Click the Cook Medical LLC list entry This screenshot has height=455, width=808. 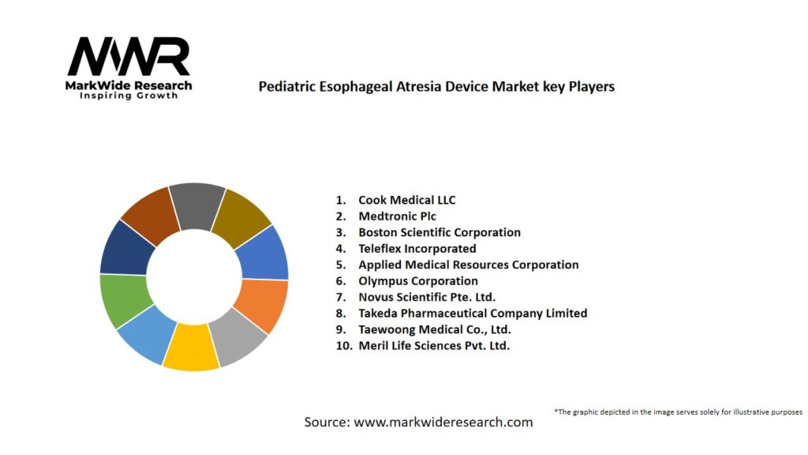pos(406,200)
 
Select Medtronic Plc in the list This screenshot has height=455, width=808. pos(397,216)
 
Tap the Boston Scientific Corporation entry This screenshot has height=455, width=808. pos(439,232)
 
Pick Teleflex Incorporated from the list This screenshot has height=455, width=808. pos(417,248)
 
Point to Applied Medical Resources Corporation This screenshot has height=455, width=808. pos(468,265)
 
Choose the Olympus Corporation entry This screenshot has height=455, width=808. pos(417,280)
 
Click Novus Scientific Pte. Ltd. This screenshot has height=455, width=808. pos(427,297)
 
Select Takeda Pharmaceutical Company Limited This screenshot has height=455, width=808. pos(472,313)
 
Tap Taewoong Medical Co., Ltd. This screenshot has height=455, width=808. pos(434,329)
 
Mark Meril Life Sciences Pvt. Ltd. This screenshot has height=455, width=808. pos(434,345)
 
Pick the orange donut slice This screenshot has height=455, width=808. pos(262,305)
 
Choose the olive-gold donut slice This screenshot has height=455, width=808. pos(241,209)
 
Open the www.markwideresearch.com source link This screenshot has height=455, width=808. pos(443,422)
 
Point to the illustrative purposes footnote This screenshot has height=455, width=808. pos(678,412)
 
